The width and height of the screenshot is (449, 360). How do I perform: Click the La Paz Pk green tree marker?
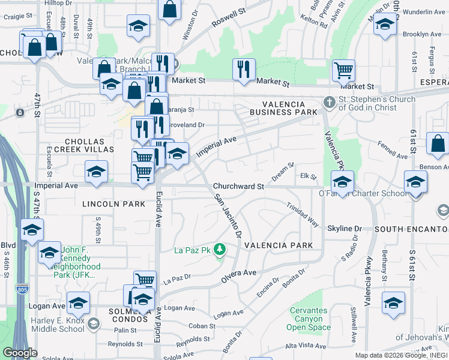tap(220, 248)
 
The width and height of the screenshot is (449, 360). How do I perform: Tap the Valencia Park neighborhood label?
tap(278, 245)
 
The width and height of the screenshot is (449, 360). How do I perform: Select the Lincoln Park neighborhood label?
tap(113, 204)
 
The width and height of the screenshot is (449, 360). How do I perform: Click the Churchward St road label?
tap(239, 187)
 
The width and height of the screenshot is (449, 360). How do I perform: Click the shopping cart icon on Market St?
tap(343, 70)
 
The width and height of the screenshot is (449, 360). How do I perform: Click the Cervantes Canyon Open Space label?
tap(309, 319)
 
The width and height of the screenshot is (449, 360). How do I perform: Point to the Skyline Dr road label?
tap(345, 229)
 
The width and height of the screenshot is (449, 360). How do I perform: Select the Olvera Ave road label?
tap(238, 273)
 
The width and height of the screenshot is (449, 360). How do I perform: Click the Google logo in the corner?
tap(20, 353)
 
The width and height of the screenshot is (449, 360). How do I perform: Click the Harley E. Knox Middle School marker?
tap(92, 325)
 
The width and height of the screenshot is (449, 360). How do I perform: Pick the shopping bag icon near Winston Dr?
tap(170, 10)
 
